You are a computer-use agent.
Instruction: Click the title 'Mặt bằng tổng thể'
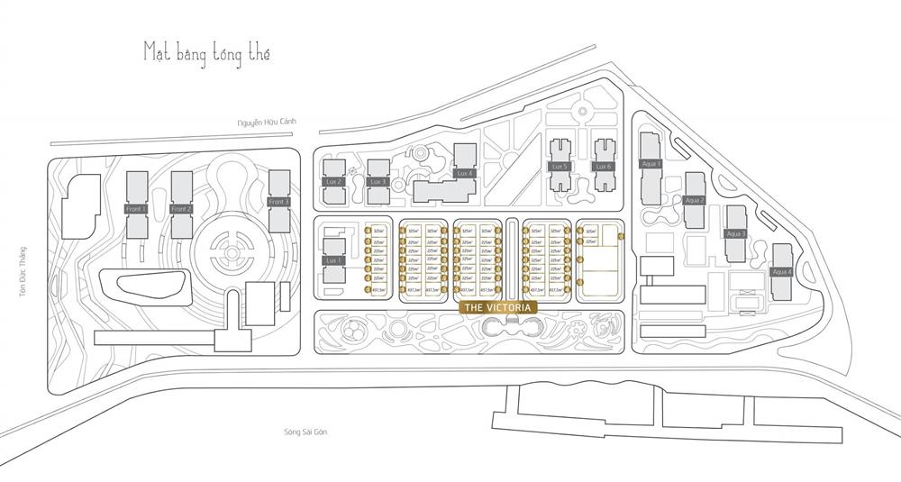point(206,52)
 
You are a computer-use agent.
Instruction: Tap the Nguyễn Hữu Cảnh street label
point(267,122)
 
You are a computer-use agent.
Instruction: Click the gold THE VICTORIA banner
point(500,307)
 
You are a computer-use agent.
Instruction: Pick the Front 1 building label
point(137,209)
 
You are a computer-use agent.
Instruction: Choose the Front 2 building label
point(182,209)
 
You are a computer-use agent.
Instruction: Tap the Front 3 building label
point(279,202)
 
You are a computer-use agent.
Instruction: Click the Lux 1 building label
point(333,259)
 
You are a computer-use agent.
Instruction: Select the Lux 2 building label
point(333,182)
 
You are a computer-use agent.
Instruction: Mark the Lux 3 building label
point(378,182)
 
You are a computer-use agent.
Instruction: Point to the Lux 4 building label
point(464,173)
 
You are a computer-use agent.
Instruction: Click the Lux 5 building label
point(560,167)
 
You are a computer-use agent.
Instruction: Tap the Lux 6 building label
point(603,167)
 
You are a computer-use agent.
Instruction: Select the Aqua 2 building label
point(694,200)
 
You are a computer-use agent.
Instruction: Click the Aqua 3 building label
point(736,233)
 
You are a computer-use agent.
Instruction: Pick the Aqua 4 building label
point(781,271)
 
